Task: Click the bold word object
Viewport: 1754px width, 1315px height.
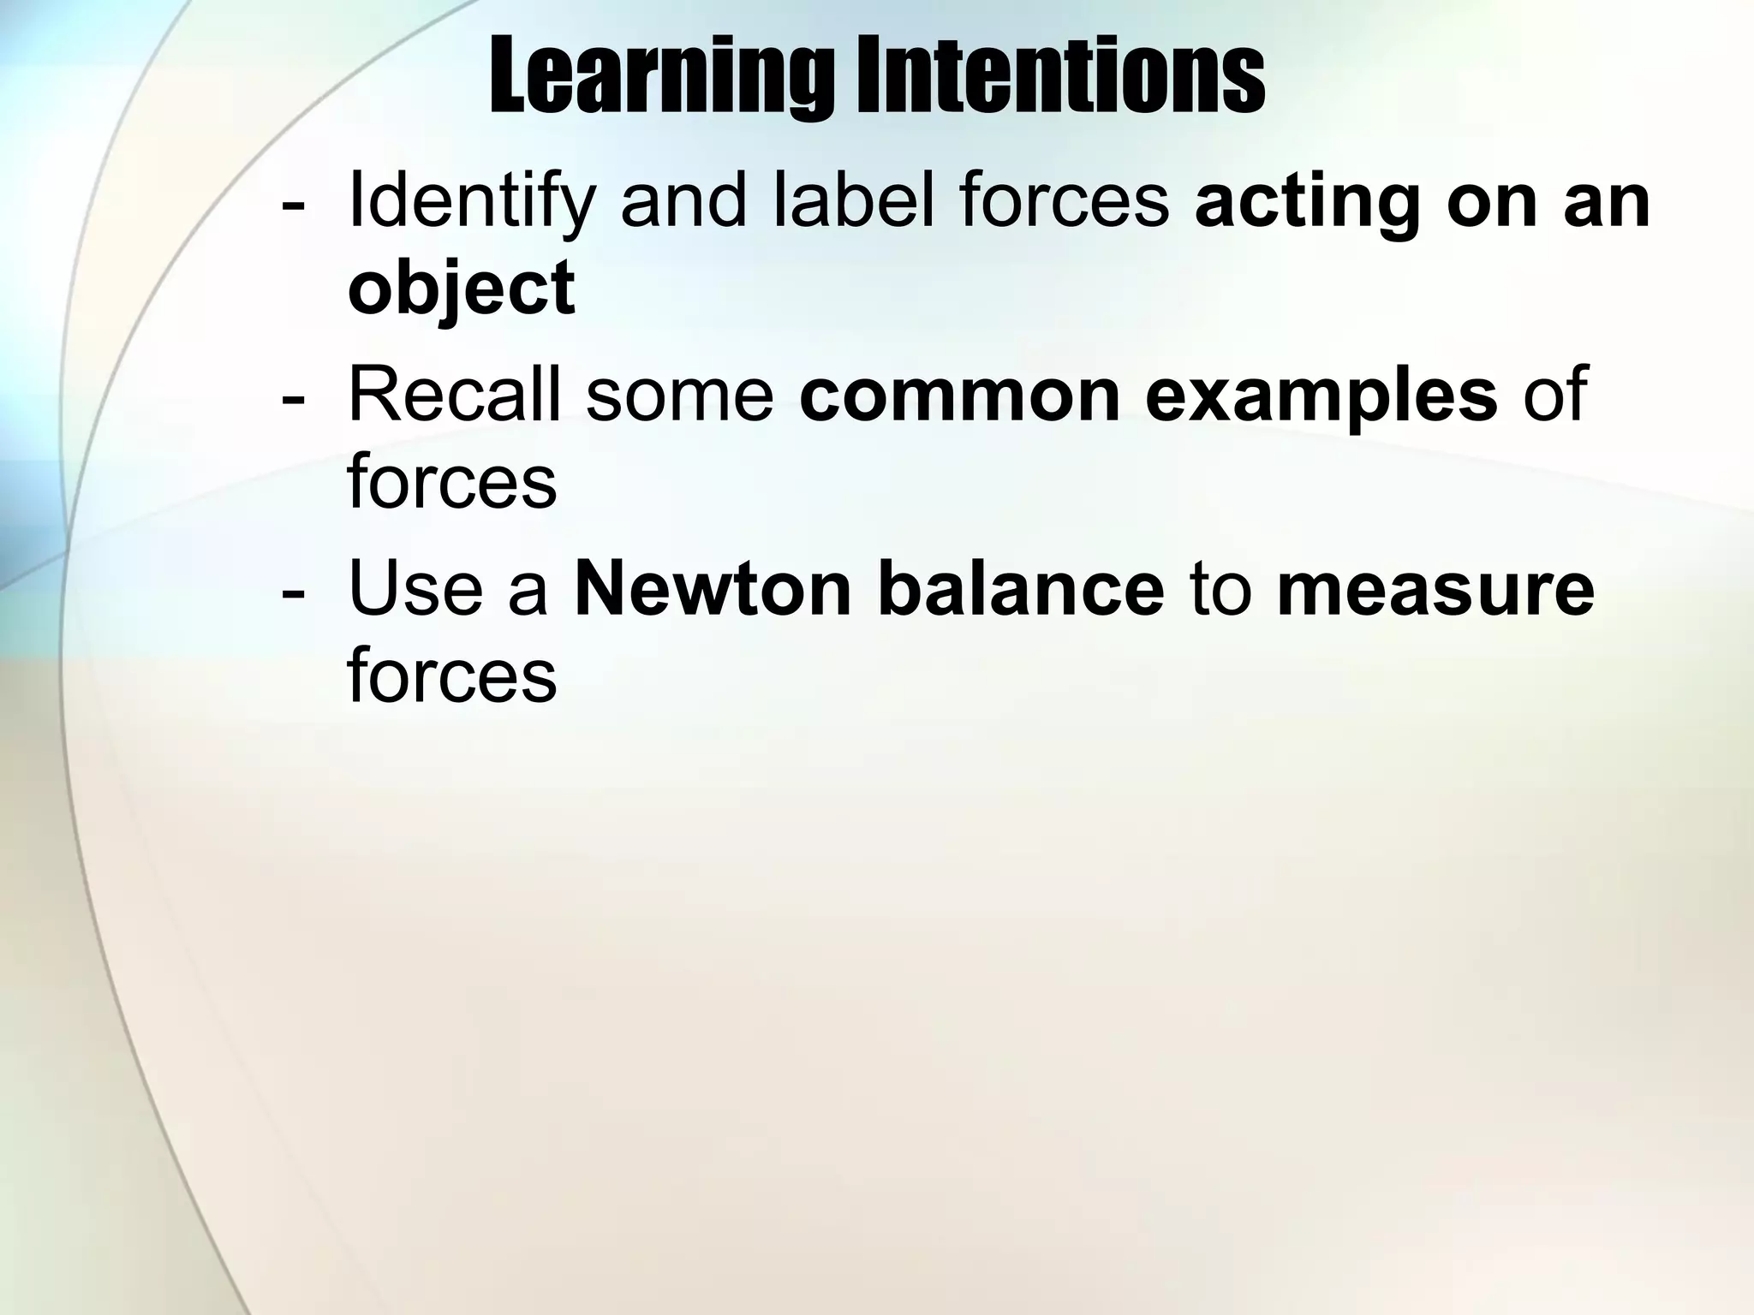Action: [x=461, y=289]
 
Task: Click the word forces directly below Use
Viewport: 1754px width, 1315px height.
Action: [x=452, y=676]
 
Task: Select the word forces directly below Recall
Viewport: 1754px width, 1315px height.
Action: [x=452, y=482]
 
